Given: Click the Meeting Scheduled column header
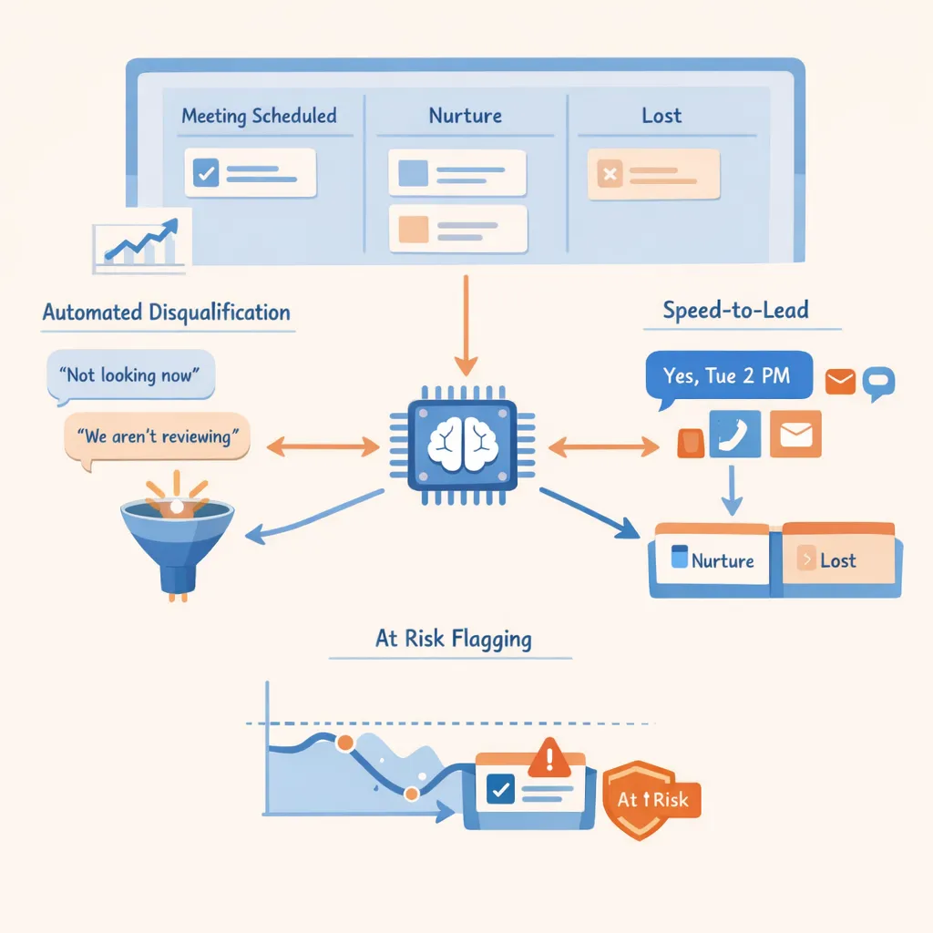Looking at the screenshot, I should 259,116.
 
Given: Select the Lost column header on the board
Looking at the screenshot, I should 661,116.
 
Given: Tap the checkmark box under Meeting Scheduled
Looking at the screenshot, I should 206,172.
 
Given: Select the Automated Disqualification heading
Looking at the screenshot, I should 166,313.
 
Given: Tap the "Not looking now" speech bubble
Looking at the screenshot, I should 130,375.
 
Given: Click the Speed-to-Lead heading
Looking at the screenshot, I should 735,310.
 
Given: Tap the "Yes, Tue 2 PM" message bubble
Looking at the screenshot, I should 727,375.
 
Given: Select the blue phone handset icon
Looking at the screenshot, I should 733,435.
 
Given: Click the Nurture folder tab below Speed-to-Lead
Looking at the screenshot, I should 713,559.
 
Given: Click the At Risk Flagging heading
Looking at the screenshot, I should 453,639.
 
